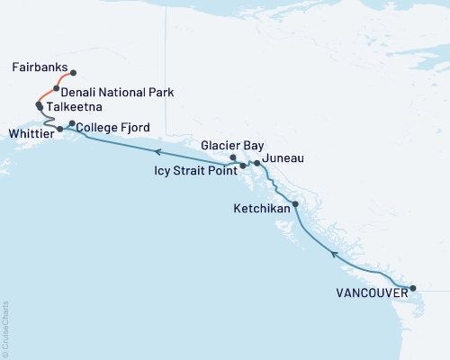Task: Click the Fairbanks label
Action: click(39, 67)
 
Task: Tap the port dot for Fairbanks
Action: click(73, 73)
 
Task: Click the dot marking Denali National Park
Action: click(57, 88)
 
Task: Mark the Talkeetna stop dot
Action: click(39, 105)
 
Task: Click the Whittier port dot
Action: click(60, 130)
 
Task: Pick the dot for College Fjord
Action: click(73, 122)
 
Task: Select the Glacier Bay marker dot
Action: click(234, 158)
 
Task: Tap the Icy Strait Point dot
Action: click(243, 166)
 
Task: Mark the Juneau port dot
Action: click(257, 163)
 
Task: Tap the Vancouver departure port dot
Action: click(413, 289)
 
